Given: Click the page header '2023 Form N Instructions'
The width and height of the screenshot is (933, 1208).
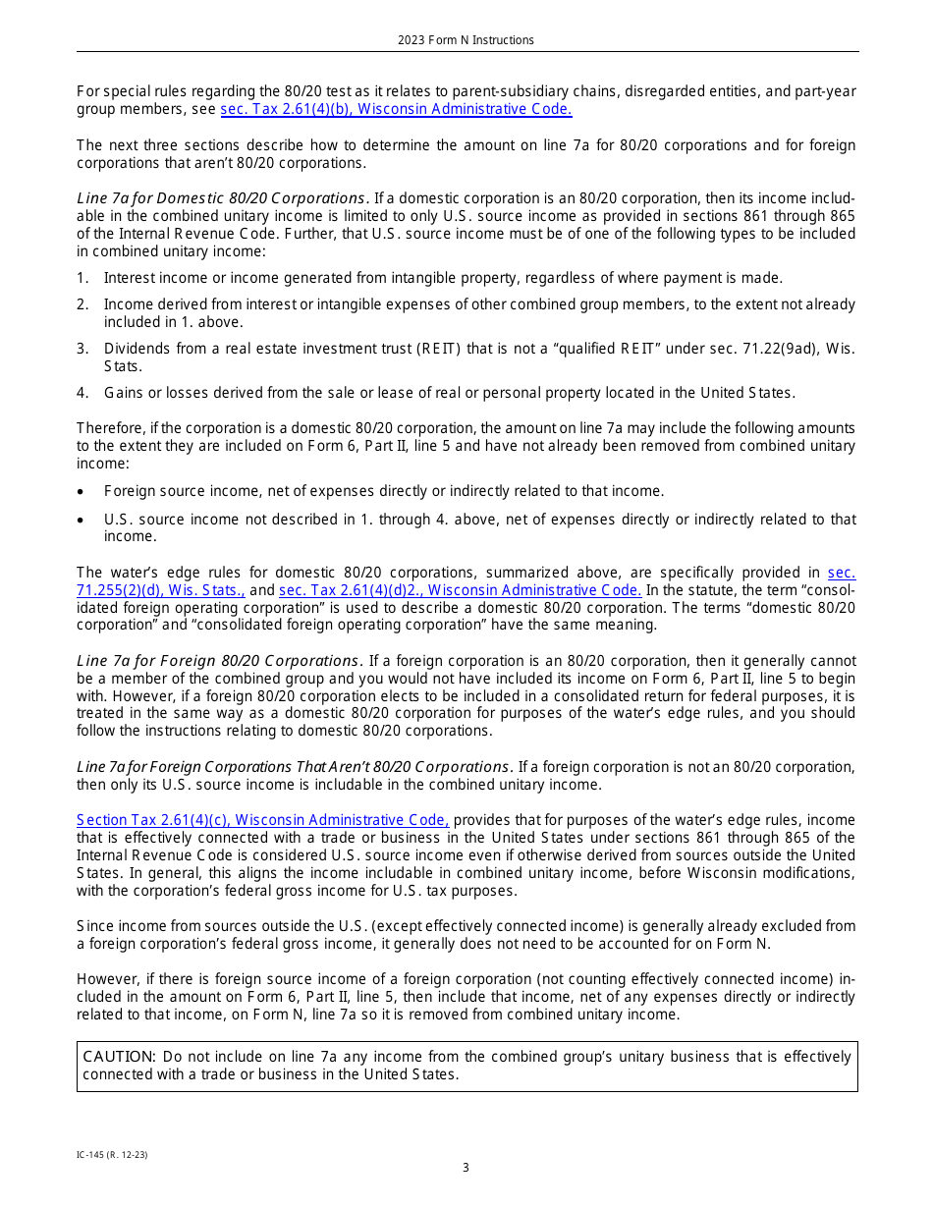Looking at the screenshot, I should point(466,40).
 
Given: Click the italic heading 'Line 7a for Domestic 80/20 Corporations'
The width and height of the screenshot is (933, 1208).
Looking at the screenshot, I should point(221,197).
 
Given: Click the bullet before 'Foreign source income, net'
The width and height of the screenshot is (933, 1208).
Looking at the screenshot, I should point(82,491).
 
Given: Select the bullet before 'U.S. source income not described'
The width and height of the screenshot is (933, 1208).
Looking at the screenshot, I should point(82,520).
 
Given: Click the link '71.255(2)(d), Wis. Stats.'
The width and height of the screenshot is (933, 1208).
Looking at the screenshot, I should point(161,590).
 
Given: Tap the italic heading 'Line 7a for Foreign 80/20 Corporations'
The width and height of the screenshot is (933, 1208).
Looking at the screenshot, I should point(219,661).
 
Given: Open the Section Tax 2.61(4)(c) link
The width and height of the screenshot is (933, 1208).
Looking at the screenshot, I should point(262,820).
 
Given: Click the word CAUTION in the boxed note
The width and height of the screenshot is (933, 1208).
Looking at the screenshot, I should point(119,1057).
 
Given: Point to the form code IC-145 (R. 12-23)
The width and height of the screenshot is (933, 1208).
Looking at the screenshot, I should point(112,1155).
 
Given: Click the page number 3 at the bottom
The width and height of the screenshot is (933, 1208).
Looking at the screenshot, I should point(466,1168).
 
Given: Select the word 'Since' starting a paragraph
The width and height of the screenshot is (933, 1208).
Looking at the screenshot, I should point(94,926).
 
